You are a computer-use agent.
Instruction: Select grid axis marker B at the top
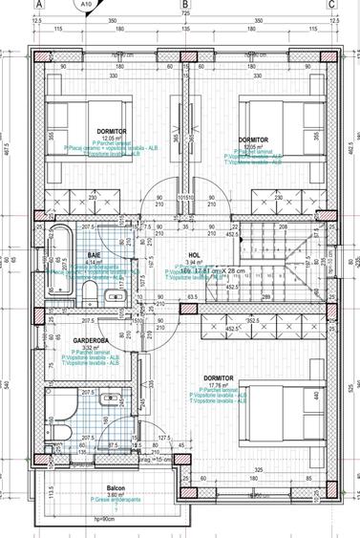coord(185,4)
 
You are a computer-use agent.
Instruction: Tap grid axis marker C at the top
coord(331,4)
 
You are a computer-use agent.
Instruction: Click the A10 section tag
coord(86,5)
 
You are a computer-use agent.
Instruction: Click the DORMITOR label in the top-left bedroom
coord(112,131)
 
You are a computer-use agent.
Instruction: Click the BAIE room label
coord(95,256)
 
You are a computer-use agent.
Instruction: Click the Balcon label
coord(116,486)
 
